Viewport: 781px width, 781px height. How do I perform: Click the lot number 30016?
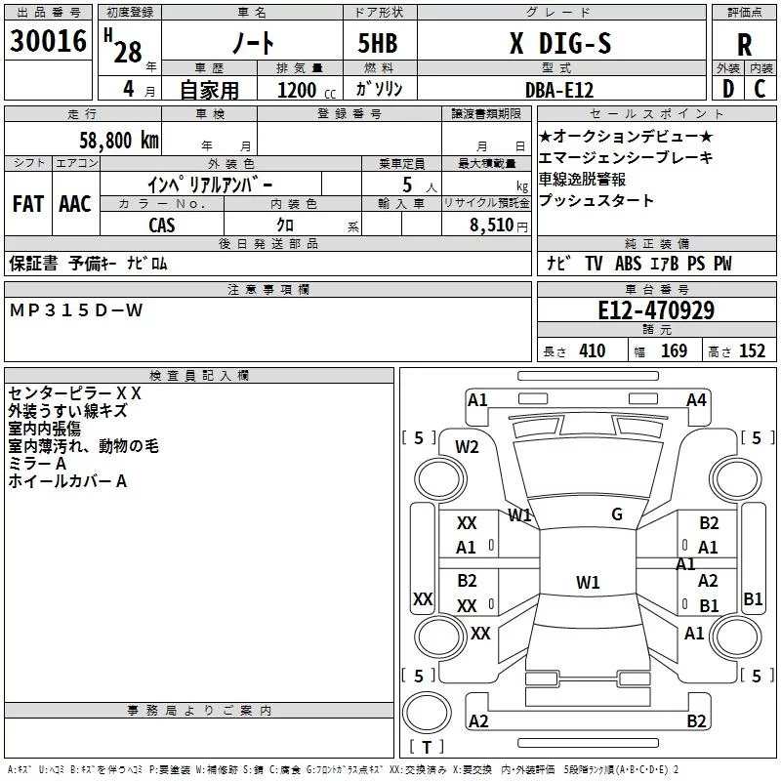coord(48,41)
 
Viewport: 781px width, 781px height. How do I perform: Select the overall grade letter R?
coord(744,45)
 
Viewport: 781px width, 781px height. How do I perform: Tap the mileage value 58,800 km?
coord(119,141)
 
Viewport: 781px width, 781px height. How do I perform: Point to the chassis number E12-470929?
coord(656,310)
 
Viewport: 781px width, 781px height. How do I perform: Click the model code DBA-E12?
coord(559,90)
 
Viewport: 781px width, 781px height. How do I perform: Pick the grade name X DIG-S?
coord(560,43)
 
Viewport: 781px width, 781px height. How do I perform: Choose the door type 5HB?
coord(378,43)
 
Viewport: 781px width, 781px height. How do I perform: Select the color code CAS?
coord(162,226)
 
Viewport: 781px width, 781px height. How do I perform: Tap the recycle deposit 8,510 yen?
coord(499,226)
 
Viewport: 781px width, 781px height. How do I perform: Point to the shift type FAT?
coord(28,204)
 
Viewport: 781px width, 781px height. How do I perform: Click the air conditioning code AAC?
coord(75,204)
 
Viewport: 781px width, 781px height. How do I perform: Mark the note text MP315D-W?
coord(76,310)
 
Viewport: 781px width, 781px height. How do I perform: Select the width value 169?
coord(674,350)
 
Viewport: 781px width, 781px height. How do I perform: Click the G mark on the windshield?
coord(617,514)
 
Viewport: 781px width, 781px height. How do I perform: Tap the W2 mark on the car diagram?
coord(467,447)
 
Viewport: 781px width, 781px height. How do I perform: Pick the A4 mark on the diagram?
coord(696,400)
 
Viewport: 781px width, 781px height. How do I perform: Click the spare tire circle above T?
coord(427,713)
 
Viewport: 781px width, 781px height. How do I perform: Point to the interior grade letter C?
coord(760,89)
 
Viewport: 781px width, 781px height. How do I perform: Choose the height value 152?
coord(752,350)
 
